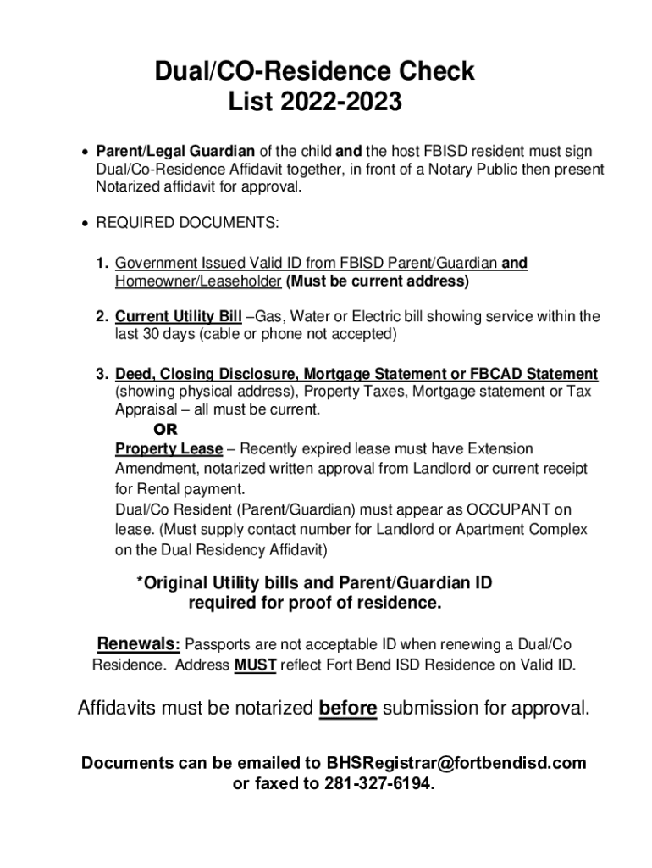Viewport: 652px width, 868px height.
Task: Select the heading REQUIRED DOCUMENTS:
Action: coord(187,223)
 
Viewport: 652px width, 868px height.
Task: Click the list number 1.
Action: coord(101,264)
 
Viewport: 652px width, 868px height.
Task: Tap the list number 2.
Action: coord(101,317)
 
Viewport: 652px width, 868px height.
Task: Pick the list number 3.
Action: coord(101,374)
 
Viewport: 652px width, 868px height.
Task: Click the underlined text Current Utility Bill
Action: coord(179,317)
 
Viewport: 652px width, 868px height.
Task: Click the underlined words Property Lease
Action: coord(169,448)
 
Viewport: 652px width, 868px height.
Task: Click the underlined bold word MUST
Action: coord(255,665)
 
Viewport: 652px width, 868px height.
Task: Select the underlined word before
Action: coord(348,709)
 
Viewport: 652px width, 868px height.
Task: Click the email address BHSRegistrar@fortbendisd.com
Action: coord(456,763)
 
